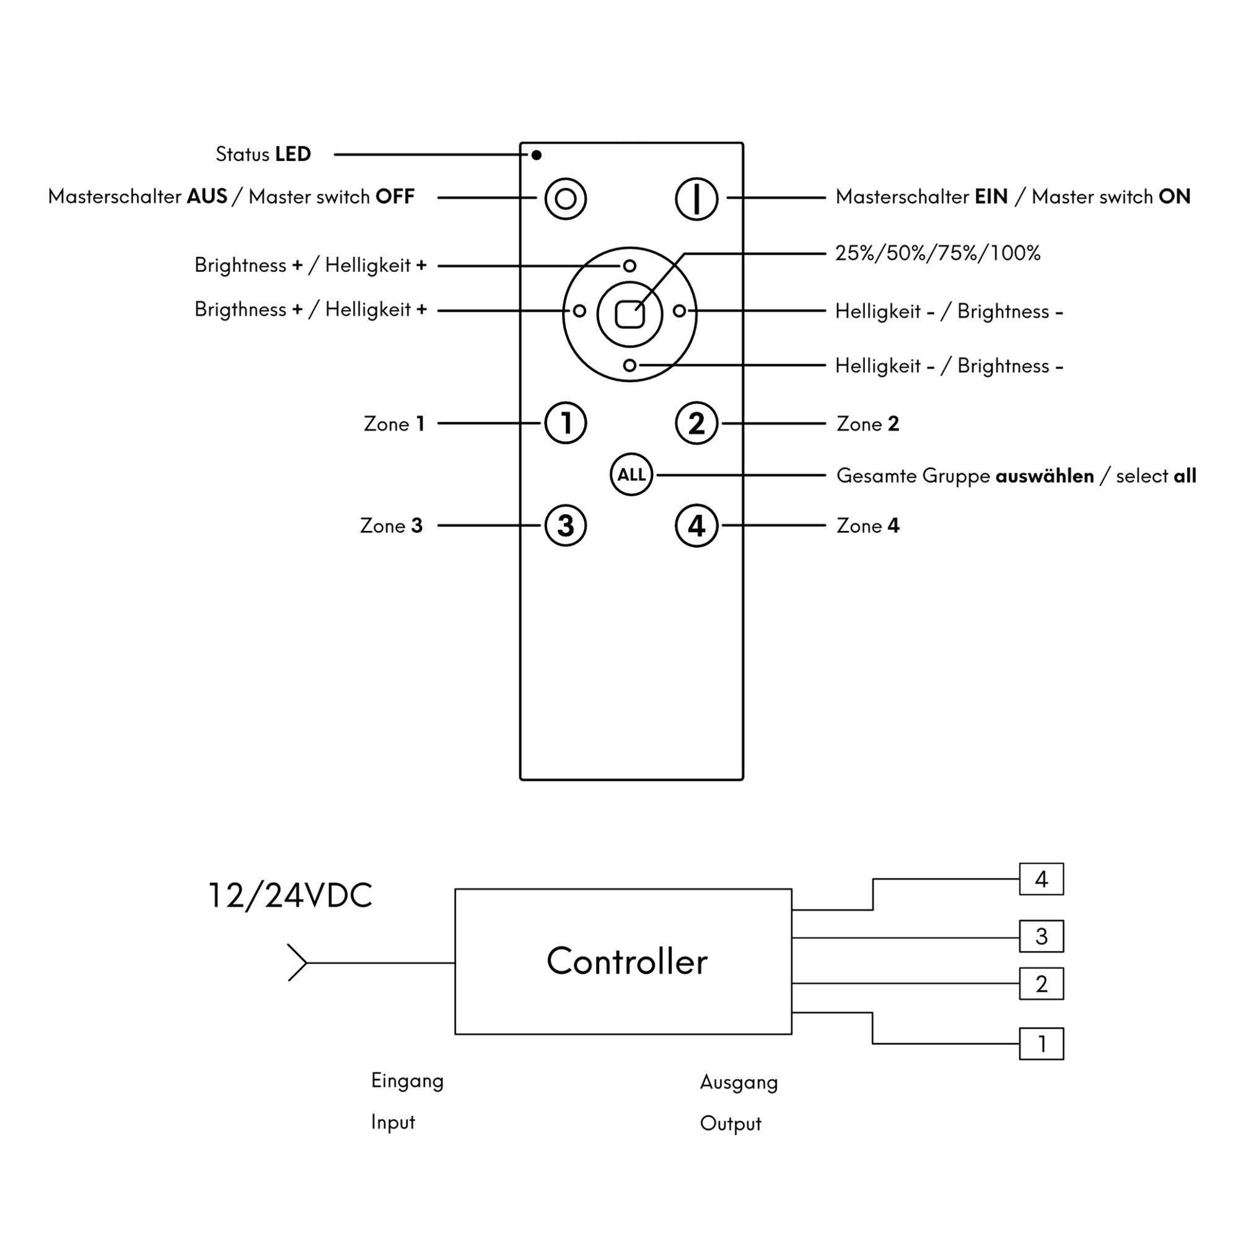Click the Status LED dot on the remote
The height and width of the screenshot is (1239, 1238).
point(536,155)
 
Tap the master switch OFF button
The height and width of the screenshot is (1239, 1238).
point(565,199)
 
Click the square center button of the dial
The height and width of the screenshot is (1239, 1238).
point(629,314)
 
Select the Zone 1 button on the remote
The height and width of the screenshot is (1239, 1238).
point(565,423)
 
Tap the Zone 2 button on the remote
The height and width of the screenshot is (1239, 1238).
point(696,423)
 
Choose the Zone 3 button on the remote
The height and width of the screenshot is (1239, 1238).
point(565,526)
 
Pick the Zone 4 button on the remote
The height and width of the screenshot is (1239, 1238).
point(696,526)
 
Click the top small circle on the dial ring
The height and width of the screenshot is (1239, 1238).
point(630,266)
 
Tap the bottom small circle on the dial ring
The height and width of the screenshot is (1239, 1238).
point(630,365)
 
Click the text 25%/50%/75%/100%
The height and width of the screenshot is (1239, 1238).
point(937,253)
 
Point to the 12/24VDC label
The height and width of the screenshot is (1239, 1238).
point(291,896)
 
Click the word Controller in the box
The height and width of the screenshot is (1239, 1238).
point(626,962)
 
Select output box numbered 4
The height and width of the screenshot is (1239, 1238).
point(1041,879)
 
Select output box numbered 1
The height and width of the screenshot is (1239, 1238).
point(1041,1044)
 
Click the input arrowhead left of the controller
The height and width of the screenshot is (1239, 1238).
point(297,963)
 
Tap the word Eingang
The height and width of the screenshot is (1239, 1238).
point(407,1081)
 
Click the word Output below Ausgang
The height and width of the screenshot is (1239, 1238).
point(730,1124)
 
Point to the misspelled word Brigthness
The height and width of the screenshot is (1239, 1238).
point(240,310)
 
